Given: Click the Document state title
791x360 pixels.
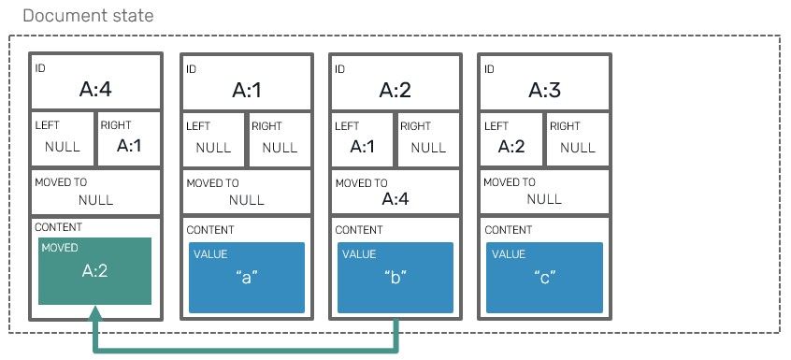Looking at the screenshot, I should pos(88,17).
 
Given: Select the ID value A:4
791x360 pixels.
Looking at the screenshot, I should pos(95,91).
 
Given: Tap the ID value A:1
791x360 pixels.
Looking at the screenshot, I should pos(247,91).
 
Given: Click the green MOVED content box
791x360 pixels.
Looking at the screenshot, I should pos(95,271).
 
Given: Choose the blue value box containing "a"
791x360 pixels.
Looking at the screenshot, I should pos(247,278).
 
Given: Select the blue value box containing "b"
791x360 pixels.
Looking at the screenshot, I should pos(395,278).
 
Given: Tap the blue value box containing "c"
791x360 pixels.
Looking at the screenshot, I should pos(544,278).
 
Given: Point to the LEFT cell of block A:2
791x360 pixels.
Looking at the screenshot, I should pos(362,140).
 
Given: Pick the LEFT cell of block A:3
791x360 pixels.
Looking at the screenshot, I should pos(511,140).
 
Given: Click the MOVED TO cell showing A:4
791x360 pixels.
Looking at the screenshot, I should pos(395,193).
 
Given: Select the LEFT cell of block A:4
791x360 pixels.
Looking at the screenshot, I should pos(62,140).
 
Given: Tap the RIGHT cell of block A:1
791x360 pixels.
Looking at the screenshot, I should pos(280,140).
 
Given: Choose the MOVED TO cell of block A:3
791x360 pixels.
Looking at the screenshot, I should pos(544,193).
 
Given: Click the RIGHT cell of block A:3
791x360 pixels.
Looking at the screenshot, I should pos(577,140).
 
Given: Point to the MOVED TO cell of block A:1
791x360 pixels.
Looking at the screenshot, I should pos(247,193).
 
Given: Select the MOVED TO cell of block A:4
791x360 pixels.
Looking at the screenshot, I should pos(95,193).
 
